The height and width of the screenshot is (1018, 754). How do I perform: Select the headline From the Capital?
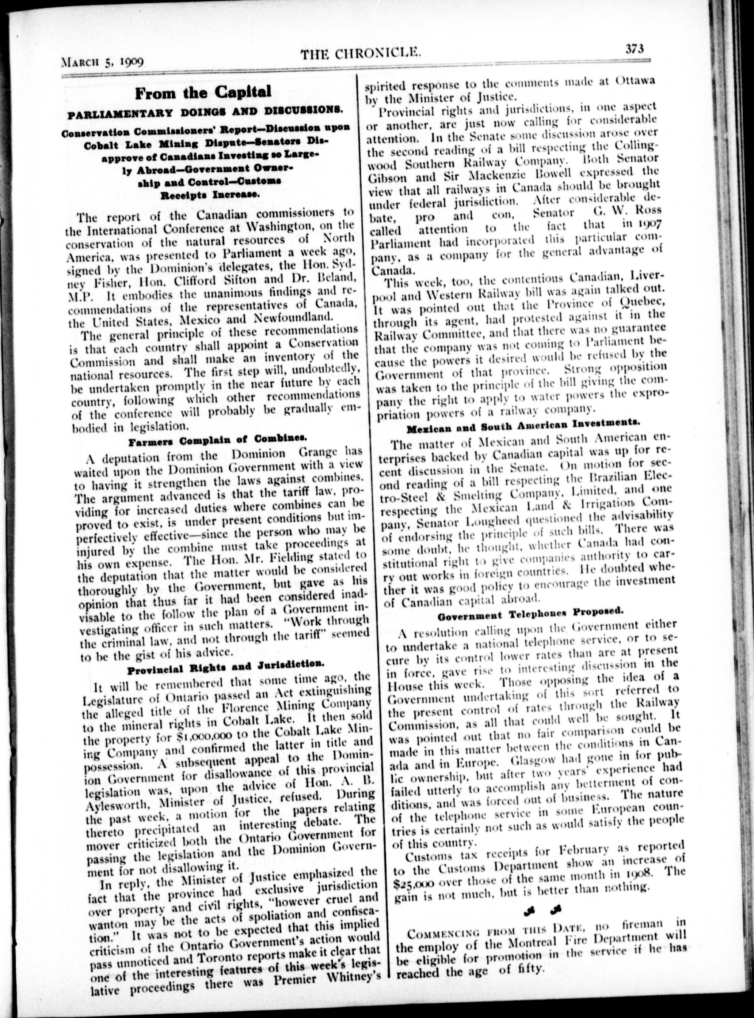(x=203, y=92)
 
